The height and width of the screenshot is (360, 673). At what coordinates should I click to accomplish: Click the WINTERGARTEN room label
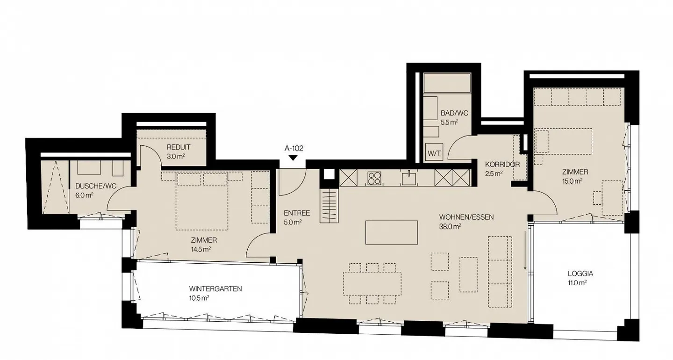point(215,288)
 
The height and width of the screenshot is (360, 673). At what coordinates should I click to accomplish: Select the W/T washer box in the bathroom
point(432,152)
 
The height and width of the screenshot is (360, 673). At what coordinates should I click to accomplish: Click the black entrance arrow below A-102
point(293,158)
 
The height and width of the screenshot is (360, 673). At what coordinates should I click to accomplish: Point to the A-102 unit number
point(294,149)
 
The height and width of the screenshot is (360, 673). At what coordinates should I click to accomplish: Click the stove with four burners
point(374,178)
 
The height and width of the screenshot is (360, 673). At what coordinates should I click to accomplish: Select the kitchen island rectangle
point(391,232)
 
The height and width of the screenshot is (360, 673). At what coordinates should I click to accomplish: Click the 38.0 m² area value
point(450,226)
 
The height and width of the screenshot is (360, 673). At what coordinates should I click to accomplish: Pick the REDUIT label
point(178,147)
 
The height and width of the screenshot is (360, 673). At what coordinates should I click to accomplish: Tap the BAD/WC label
point(454,113)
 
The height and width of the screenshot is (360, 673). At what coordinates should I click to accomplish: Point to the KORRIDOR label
point(502,165)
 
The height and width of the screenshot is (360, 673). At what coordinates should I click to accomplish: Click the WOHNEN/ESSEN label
point(466,217)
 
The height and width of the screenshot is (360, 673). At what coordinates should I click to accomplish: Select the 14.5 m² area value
point(200,249)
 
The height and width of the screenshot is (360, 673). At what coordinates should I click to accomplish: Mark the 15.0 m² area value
point(572,181)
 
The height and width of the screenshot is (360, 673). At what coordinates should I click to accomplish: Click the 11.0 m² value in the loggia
point(577,283)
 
